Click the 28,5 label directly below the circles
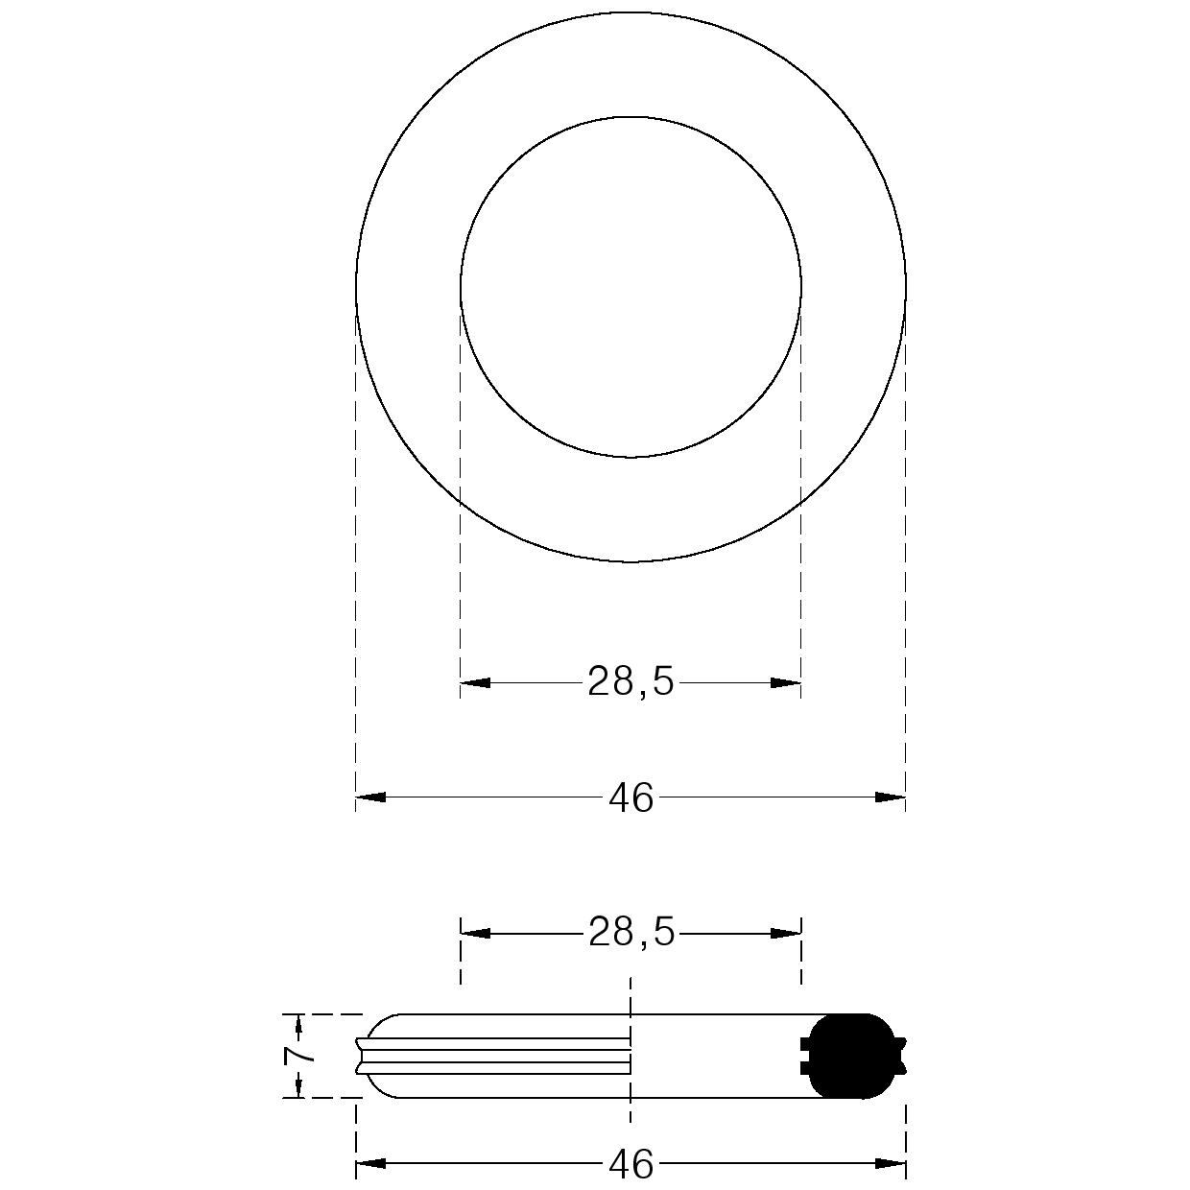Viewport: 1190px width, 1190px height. [x=631, y=682]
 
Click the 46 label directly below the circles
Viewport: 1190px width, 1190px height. [x=631, y=797]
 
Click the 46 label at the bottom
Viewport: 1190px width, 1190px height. [x=631, y=1165]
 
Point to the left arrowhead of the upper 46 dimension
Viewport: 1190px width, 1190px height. [x=370, y=797]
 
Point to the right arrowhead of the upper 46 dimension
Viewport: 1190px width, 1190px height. [x=891, y=797]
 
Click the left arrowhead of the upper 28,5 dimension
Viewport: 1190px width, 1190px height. [x=475, y=682]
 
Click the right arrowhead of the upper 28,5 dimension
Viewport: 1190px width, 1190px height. [x=786, y=682]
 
